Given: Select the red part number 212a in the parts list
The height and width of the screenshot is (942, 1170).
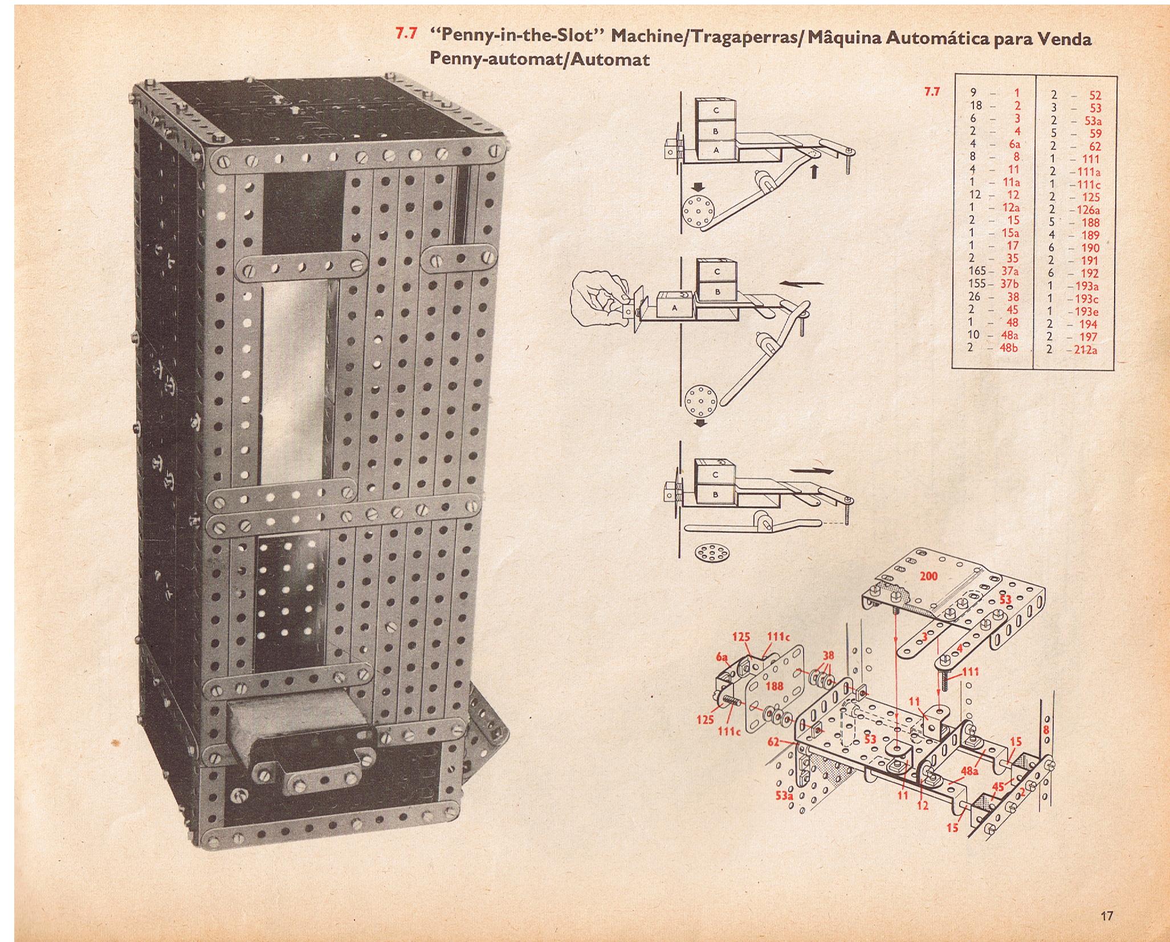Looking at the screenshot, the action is click(x=1086, y=350).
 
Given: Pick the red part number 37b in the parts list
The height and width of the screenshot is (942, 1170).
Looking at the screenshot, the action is click(x=1010, y=284).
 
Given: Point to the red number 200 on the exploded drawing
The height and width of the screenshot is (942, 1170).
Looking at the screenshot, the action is click(x=928, y=576).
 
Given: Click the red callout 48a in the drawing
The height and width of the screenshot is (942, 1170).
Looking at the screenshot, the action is click(x=970, y=771).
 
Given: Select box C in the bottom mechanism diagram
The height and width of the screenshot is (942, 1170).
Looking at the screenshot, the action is click(x=716, y=474).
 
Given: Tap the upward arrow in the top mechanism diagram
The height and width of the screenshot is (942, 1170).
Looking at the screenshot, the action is click(x=814, y=170).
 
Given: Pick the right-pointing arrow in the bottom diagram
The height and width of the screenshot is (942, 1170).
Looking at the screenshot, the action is click(x=813, y=471).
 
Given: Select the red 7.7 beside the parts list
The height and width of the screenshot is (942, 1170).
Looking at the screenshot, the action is click(x=931, y=92).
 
